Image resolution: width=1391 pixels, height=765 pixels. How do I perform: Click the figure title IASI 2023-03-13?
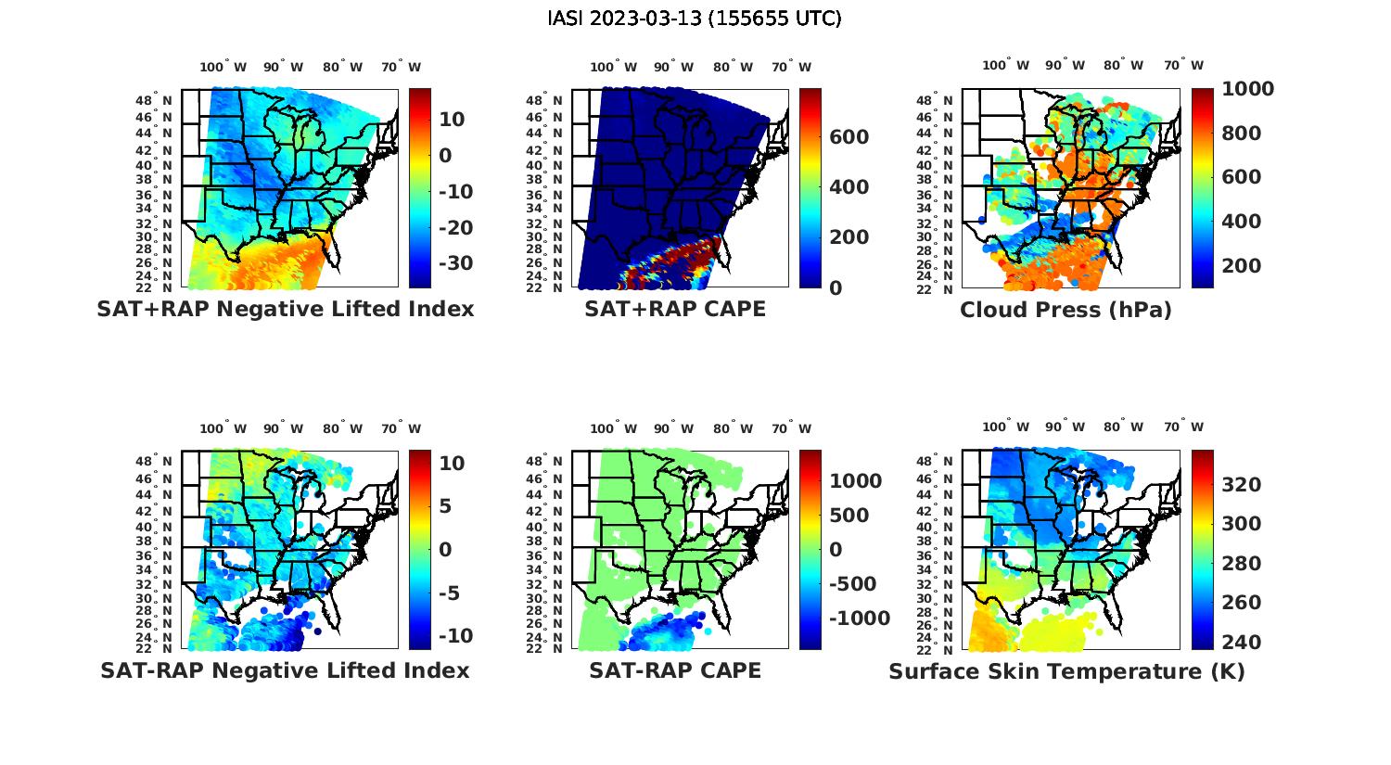pyautogui.click(x=695, y=19)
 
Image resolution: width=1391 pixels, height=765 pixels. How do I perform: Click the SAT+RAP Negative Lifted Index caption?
pyautogui.click(x=286, y=309)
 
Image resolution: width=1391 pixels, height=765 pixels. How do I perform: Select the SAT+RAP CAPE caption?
pyautogui.click(x=675, y=309)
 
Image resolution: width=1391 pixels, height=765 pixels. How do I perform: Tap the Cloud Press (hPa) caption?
pyautogui.click(x=1066, y=310)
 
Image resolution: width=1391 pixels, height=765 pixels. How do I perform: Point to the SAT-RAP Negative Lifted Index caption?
pyautogui.click(x=286, y=670)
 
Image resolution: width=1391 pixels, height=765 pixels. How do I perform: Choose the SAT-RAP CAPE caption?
pyautogui.click(x=675, y=670)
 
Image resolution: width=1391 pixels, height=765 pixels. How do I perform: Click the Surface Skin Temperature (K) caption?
pyautogui.click(x=1066, y=671)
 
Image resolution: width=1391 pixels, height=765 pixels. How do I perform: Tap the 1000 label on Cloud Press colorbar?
pyautogui.click(x=1247, y=89)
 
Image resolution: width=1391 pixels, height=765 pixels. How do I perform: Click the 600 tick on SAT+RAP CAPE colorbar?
pyautogui.click(x=849, y=137)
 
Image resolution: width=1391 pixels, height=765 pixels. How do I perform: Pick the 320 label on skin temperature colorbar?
pyautogui.click(x=1241, y=484)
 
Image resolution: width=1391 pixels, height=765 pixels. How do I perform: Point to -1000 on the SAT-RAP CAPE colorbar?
pyautogui.click(x=859, y=618)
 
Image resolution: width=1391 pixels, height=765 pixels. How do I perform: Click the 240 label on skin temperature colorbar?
pyautogui.click(x=1241, y=642)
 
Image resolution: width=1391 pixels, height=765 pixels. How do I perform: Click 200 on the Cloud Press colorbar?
pyautogui.click(x=1241, y=265)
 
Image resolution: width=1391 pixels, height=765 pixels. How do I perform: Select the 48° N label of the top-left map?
pyautogui.click(x=154, y=100)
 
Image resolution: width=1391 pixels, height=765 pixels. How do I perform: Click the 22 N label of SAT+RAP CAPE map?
pyautogui.click(x=544, y=287)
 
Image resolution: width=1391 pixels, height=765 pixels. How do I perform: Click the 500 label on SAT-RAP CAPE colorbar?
pyautogui.click(x=849, y=516)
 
